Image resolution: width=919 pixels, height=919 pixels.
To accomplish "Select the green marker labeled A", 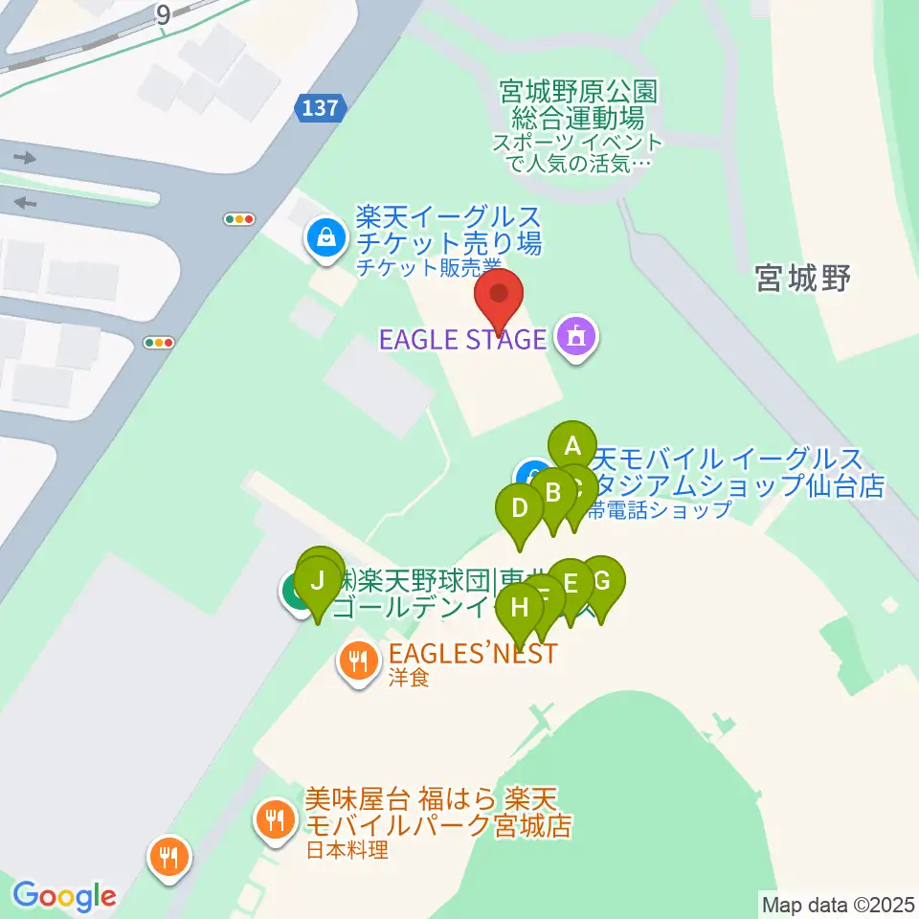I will click(x=572, y=445).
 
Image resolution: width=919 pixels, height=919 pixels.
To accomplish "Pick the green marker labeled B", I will click(x=552, y=492).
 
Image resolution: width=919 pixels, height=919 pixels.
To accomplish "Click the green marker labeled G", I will click(x=602, y=580).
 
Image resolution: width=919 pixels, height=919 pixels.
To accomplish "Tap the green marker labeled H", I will click(x=520, y=606).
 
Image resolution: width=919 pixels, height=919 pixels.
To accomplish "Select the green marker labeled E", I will click(x=572, y=582).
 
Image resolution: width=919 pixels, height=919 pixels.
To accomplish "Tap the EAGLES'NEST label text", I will click(x=472, y=655).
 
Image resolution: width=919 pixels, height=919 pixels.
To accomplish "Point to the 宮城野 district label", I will click(x=802, y=279).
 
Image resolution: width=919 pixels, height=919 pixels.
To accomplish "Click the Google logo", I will click(x=64, y=896).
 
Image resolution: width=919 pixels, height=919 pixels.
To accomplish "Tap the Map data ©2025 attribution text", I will click(x=837, y=904).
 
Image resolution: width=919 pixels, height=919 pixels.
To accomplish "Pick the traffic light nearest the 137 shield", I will click(x=238, y=219).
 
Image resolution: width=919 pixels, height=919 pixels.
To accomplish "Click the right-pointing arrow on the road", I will click(x=25, y=158).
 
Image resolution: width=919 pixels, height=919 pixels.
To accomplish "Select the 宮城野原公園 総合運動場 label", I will click(x=577, y=105).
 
